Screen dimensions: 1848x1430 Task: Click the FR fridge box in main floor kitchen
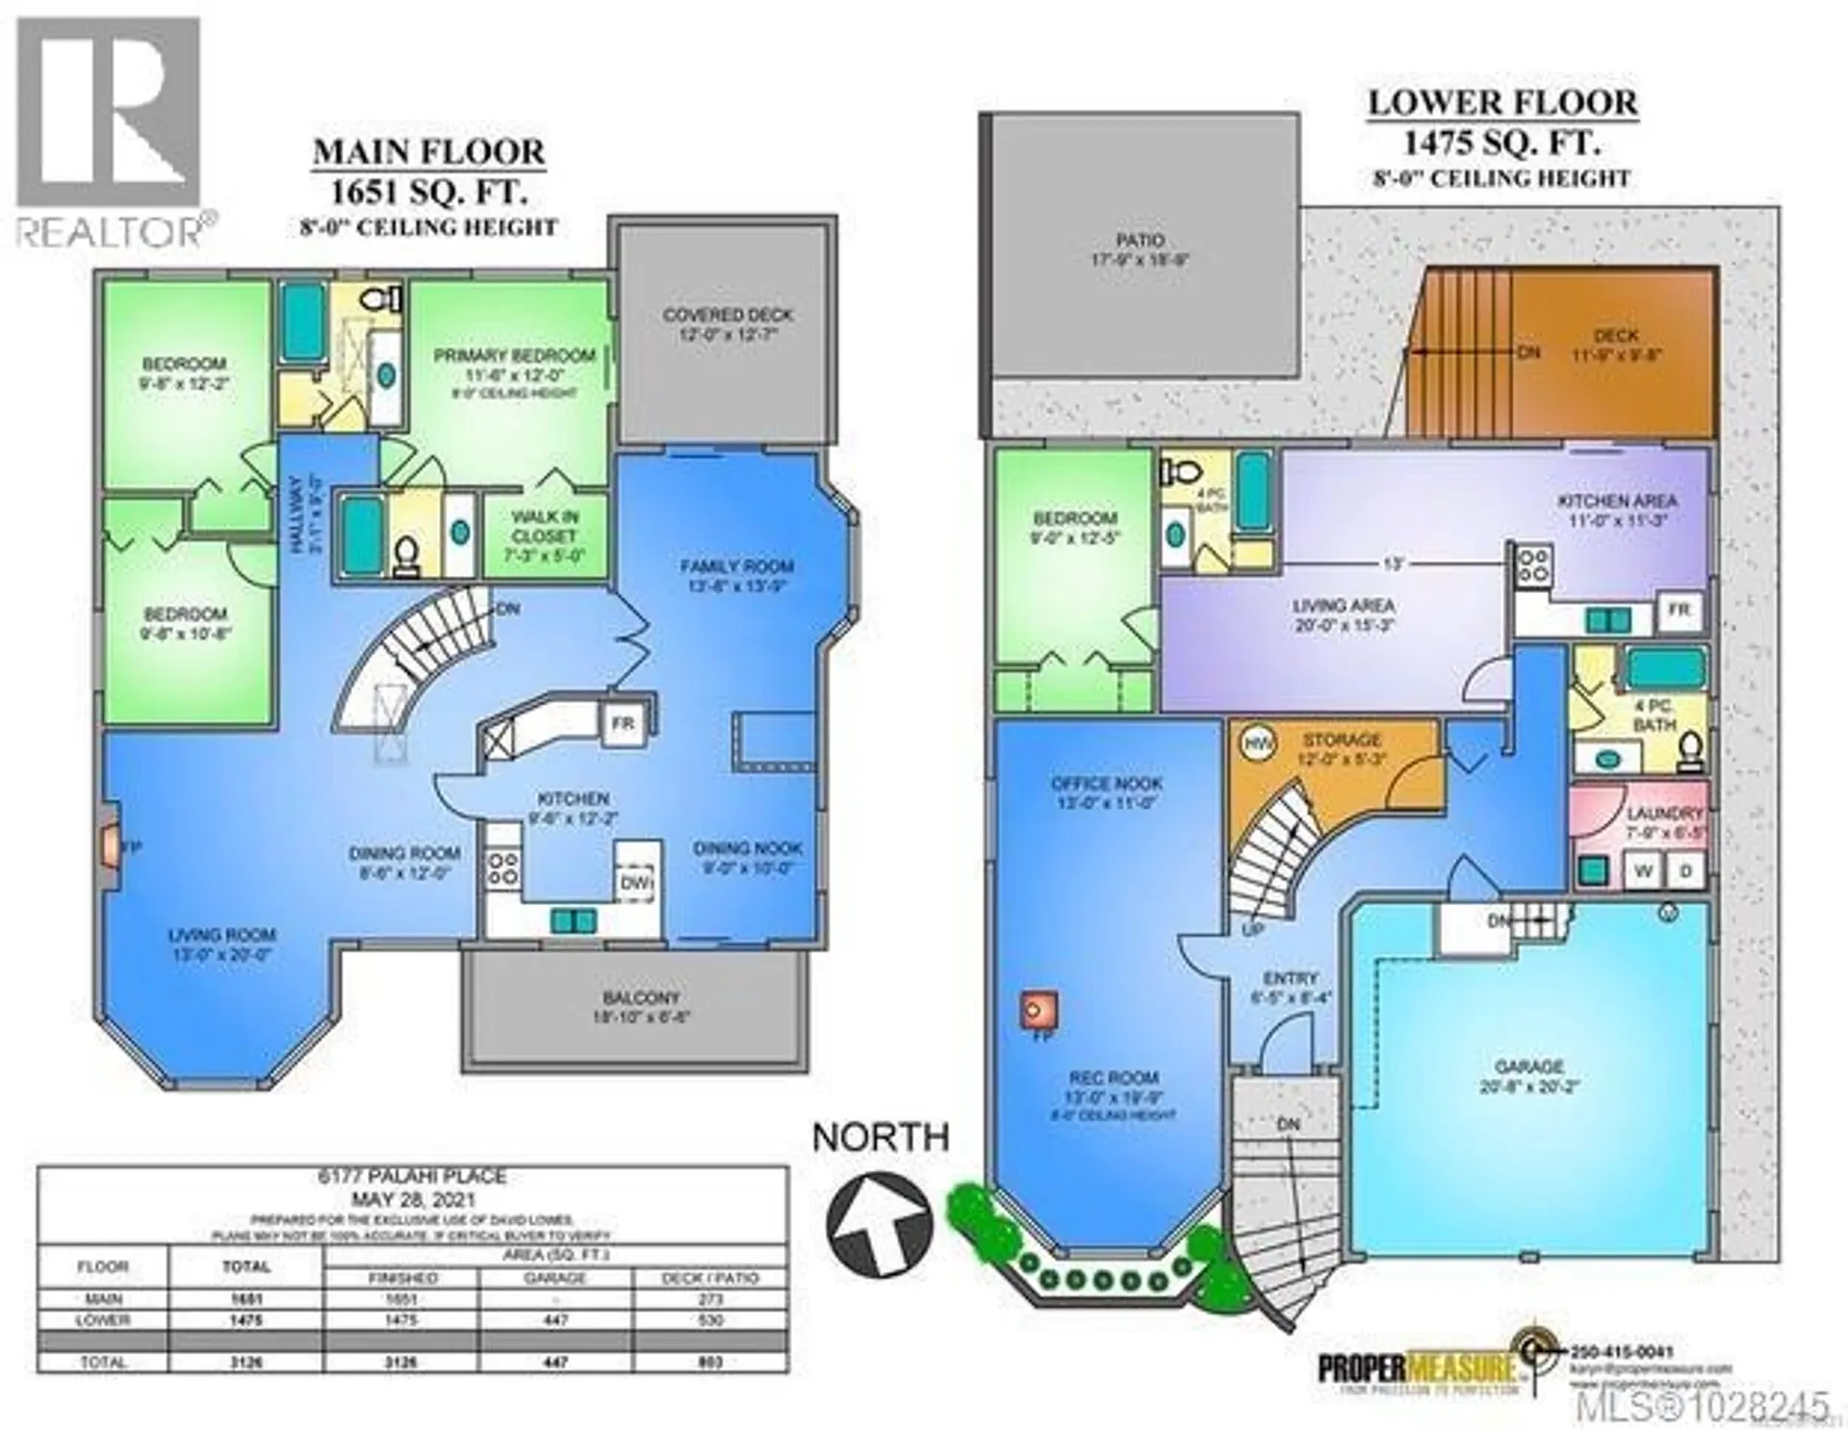622,723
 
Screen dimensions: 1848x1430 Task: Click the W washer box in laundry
1643,871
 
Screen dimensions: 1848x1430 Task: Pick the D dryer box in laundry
1685,871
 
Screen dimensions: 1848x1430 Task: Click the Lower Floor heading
1501,103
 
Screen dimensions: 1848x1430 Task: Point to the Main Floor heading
429,152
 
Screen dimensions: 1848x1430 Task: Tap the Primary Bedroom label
514,355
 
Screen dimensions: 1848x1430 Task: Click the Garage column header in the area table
555,1278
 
